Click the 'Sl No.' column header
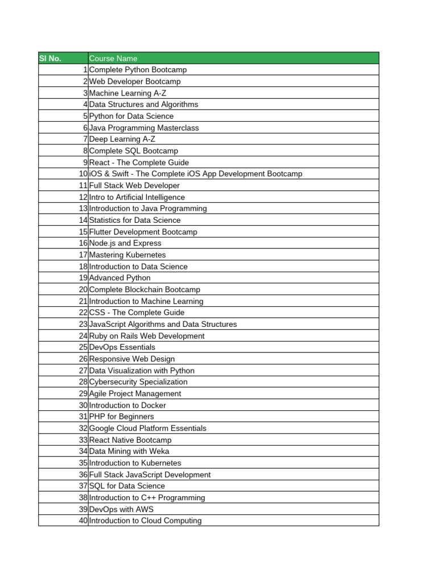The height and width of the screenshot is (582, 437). tap(50, 59)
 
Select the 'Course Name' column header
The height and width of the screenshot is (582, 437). tap(113, 59)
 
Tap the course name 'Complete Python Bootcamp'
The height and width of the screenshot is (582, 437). tap(138, 70)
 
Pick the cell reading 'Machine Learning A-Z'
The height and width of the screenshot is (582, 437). tap(128, 93)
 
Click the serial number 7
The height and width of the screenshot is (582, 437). tap(85, 139)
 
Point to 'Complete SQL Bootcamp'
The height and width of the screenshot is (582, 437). tap(134, 151)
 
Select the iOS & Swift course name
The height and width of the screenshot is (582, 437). tap(196, 174)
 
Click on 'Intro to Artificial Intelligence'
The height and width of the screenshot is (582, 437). tap(137, 197)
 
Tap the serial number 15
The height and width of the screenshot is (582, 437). tap(83, 232)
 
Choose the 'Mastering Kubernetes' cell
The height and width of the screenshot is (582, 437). tap(127, 255)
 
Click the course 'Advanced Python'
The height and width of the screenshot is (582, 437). tap(120, 278)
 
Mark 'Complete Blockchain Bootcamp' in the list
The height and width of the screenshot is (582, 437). tap(145, 290)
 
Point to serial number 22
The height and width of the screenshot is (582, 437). tap(83, 313)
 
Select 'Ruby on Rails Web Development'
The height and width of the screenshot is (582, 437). tap(147, 336)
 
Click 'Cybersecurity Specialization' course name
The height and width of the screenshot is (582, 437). tap(138, 382)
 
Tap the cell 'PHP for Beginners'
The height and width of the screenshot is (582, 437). tap(122, 417)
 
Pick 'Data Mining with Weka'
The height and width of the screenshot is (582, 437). tap(129, 451)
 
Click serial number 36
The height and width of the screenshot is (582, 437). tap(83, 475)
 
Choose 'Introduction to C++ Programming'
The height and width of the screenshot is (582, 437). tap(147, 498)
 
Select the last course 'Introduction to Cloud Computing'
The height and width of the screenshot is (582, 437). tap(145, 521)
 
